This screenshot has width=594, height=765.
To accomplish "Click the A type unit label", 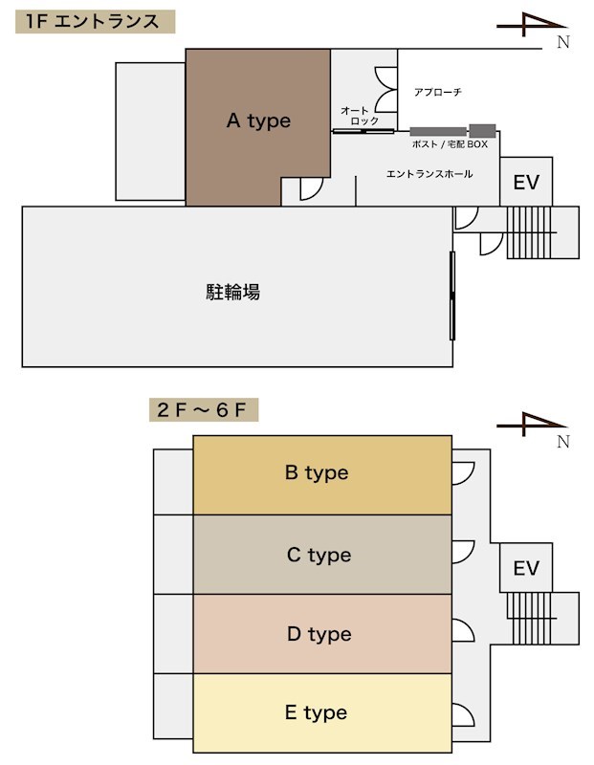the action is point(258,120).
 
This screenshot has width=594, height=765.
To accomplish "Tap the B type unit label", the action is point(317,472).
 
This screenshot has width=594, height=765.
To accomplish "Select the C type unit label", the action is point(319,555).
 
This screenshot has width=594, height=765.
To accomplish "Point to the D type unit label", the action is point(319,634).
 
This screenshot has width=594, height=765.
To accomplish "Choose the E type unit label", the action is point(317,712).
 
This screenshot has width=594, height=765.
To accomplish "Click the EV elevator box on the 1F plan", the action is point(526,182).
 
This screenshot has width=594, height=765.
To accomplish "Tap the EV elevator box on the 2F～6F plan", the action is point(526,568).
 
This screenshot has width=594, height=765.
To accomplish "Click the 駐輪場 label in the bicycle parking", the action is point(232,292).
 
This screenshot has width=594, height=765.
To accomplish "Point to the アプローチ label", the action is point(438,92).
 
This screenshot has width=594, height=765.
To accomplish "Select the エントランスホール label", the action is point(429,174).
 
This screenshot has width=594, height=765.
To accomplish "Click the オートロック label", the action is point(360,116).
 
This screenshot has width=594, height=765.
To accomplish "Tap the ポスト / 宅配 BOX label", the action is point(450,144).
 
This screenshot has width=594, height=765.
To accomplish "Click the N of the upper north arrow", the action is point(563,42).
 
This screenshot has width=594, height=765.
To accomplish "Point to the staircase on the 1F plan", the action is point(529,232).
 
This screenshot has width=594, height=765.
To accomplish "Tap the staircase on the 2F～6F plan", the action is point(529,618).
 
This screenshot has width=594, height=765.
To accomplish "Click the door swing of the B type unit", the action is point(463,473).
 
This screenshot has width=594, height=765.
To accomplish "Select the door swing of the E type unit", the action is point(463,714).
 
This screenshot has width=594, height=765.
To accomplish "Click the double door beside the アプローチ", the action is point(386,90).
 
